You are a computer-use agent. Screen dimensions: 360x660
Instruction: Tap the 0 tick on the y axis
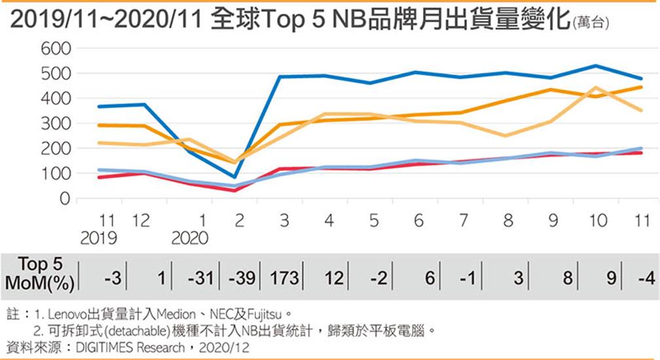point(64,199)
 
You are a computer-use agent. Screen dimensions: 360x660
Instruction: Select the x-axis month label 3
point(284,221)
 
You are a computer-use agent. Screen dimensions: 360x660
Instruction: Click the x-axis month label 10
point(596,221)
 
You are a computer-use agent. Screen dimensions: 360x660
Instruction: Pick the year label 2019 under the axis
point(98,238)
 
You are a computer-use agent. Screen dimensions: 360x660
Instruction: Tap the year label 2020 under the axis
point(189,238)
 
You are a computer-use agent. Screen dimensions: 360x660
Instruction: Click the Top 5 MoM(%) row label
point(40,273)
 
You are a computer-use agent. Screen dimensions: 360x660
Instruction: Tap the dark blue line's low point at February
point(234,177)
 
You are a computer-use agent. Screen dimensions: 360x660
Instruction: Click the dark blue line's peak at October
point(596,65)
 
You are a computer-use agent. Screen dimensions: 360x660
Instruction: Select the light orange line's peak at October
point(596,88)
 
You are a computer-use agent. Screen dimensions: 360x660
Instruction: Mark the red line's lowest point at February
point(234,190)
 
